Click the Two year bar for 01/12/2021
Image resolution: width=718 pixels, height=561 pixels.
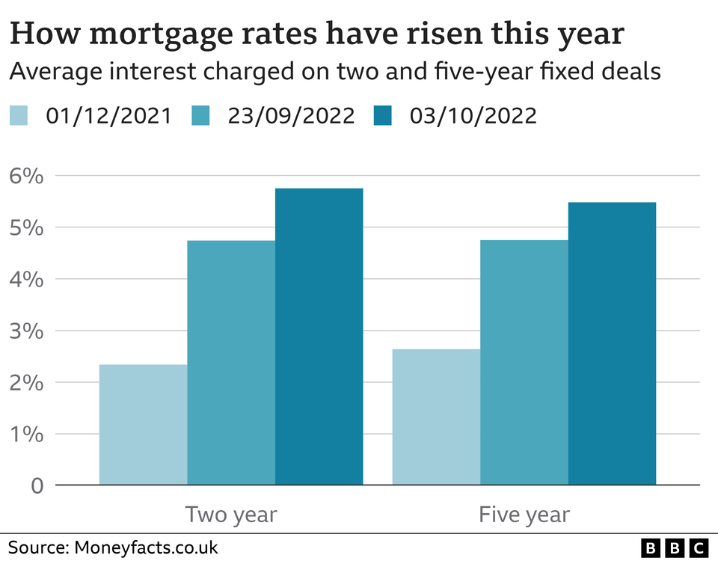pos(143,425)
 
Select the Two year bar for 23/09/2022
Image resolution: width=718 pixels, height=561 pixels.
pos(231,363)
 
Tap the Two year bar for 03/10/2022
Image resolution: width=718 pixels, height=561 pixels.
pos(319,337)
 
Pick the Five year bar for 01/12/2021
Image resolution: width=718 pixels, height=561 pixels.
pos(436,417)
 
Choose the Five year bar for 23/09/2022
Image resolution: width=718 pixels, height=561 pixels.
pos(524,363)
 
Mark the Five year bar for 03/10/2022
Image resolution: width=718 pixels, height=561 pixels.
pos(613,343)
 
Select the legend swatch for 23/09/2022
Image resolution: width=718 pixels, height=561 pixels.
pos(200,116)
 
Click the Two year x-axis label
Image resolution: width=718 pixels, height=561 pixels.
pos(231,515)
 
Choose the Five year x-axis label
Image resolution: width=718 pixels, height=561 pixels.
pos(524,515)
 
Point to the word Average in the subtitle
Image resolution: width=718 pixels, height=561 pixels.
pos(48,72)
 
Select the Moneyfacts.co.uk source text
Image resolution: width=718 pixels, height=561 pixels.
pos(146,547)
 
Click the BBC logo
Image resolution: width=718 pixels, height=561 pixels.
pos(675,548)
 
